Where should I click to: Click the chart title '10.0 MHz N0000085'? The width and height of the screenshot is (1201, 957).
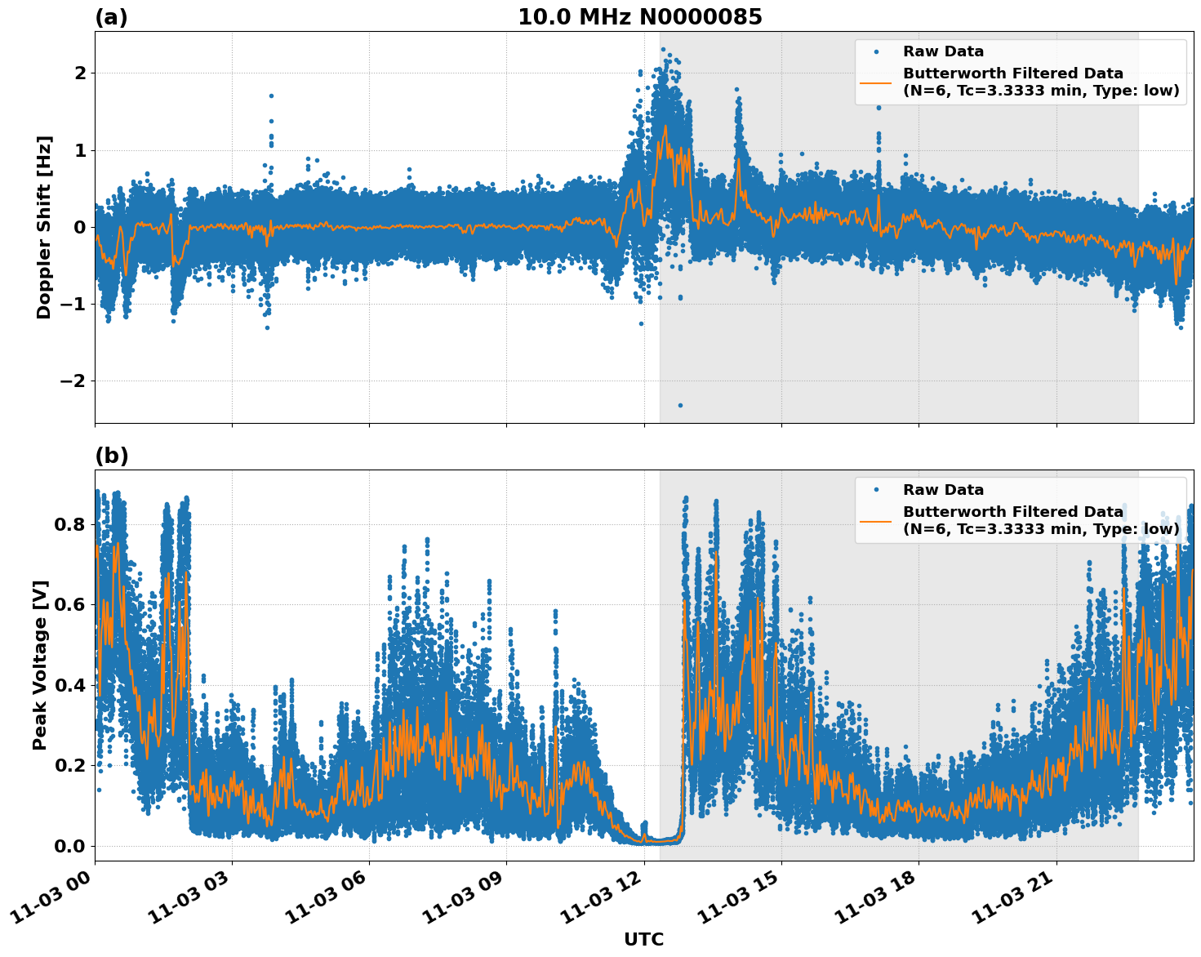click(x=639, y=17)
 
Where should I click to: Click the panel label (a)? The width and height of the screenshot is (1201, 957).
click(x=111, y=17)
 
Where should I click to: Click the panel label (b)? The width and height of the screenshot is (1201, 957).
click(x=111, y=456)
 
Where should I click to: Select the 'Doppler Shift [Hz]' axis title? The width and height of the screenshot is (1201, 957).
click(x=44, y=227)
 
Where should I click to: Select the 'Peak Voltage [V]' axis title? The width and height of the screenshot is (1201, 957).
click(x=40, y=665)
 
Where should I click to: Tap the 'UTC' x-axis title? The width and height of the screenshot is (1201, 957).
click(x=643, y=939)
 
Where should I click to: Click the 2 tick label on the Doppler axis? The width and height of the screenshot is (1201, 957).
click(x=80, y=73)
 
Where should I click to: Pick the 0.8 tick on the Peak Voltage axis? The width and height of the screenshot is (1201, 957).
click(x=69, y=524)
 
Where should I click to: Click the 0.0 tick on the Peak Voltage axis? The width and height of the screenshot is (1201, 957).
click(x=69, y=846)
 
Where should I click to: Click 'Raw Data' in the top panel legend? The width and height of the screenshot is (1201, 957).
click(x=943, y=51)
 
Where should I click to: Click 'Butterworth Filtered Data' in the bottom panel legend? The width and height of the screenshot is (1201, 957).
click(x=1012, y=512)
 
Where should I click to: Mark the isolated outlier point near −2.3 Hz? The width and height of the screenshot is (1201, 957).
click(x=680, y=405)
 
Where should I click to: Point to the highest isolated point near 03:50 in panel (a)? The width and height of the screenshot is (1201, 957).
click(x=271, y=96)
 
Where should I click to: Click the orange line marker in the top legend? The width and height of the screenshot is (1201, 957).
click(x=875, y=82)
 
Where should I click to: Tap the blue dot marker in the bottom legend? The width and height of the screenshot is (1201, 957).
click(x=875, y=490)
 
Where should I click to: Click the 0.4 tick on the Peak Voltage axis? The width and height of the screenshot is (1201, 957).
click(x=69, y=685)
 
